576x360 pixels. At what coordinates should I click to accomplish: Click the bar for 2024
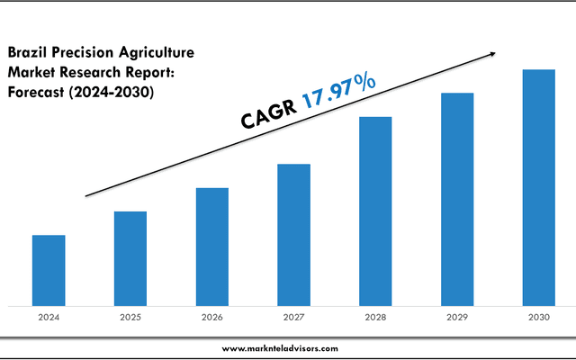coord(49,270)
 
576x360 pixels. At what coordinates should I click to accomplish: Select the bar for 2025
coord(130,258)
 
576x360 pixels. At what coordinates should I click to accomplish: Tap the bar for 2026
coord(212,247)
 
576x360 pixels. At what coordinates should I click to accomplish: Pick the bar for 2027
coord(293,234)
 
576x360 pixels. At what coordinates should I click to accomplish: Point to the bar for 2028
coord(375,211)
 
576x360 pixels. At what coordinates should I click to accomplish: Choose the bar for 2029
coord(457,199)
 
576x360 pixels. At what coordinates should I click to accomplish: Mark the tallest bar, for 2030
coord(539,187)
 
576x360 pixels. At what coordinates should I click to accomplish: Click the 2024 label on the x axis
coord(49,318)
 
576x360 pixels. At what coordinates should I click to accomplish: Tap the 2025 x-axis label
coord(130,318)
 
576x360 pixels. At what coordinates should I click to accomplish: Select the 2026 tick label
coord(212,318)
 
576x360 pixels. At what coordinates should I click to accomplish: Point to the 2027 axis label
coord(293,318)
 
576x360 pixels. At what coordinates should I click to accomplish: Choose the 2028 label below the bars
coord(375,318)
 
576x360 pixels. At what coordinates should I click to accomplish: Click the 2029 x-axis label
coord(457,318)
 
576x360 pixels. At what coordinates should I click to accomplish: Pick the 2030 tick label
coord(539,318)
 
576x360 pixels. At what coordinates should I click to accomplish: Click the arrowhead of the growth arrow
coord(491,55)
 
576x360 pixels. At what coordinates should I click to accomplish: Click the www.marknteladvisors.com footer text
coord(280,347)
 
